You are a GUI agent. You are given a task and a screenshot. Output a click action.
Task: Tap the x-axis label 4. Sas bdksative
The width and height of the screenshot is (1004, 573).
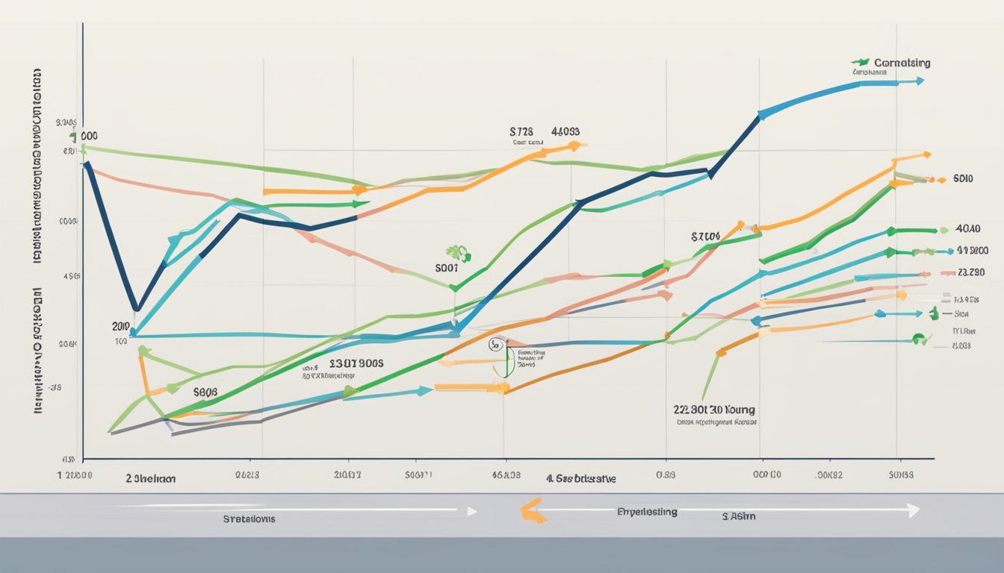click(x=580, y=479)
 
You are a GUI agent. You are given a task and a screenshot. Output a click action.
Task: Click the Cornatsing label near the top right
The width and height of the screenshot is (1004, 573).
click(x=902, y=63)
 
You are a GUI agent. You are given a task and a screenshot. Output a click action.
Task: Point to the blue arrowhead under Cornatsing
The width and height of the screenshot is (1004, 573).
click(x=919, y=81)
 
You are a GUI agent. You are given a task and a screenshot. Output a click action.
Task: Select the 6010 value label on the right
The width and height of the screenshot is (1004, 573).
click(x=964, y=179)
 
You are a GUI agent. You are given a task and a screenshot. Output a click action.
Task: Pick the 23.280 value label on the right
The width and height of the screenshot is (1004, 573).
click(x=971, y=272)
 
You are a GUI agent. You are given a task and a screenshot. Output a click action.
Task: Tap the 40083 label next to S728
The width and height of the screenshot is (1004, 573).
click(x=565, y=130)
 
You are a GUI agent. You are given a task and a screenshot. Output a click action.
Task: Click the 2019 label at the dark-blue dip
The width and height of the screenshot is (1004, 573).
click(x=120, y=326)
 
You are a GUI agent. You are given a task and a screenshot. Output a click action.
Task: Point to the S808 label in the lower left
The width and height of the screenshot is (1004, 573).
click(x=205, y=390)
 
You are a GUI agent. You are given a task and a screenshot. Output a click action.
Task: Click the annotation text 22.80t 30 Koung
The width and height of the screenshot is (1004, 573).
click(x=714, y=410)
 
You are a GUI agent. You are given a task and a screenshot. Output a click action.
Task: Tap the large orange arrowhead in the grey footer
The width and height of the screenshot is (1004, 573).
click(x=531, y=511)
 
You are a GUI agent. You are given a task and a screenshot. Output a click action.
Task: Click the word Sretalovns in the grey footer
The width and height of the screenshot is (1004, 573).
click(x=249, y=519)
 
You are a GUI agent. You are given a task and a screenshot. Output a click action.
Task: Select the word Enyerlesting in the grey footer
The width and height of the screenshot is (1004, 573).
click(x=647, y=512)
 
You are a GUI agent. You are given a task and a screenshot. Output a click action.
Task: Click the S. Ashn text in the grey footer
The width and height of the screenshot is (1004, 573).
click(x=739, y=516)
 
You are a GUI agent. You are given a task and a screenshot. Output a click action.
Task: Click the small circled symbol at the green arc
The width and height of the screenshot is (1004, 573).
click(x=495, y=345)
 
